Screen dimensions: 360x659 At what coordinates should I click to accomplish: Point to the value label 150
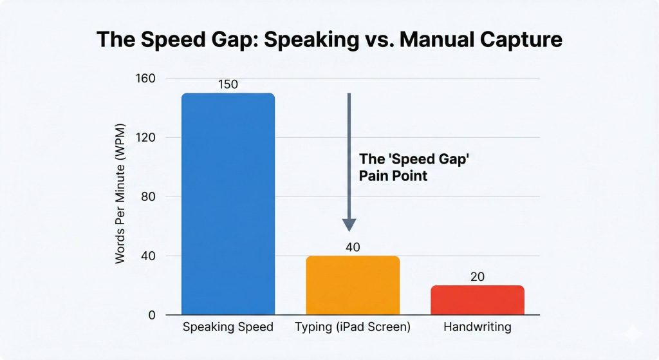tap(228, 84)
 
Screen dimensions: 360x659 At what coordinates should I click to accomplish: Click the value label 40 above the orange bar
tap(352, 247)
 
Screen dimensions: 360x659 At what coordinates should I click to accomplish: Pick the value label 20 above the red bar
tap(477, 277)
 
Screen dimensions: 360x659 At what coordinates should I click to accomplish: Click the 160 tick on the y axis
tap(147, 79)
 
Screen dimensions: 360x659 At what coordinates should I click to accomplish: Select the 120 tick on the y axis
tap(147, 138)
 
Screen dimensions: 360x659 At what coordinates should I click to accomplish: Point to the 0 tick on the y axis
tap(153, 316)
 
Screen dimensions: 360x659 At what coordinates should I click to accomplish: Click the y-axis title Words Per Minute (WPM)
tap(120, 193)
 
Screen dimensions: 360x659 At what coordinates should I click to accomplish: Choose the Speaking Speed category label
tap(228, 327)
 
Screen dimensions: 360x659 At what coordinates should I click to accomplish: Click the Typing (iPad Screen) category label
tap(352, 327)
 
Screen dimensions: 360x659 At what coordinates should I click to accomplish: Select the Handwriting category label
tap(477, 327)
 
